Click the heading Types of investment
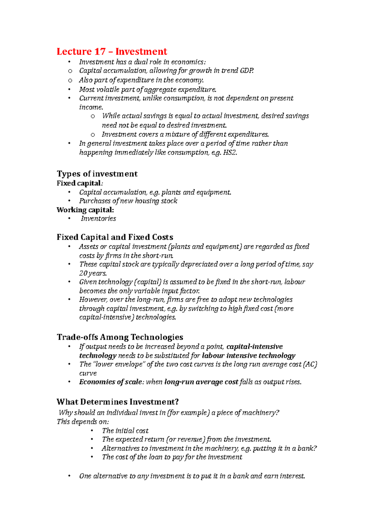pos(97,174)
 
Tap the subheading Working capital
pos(85,210)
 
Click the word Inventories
pos(98,219)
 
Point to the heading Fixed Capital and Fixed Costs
pos(115,237)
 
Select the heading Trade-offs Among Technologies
pos(120,337)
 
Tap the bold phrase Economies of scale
pos(111,382)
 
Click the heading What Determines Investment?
pos(117,402)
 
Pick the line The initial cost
pos(125,431)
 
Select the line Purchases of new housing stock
pos(128,201)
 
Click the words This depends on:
pos(83,422)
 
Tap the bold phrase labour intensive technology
pos(248,356)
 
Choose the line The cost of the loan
pos(172,457)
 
